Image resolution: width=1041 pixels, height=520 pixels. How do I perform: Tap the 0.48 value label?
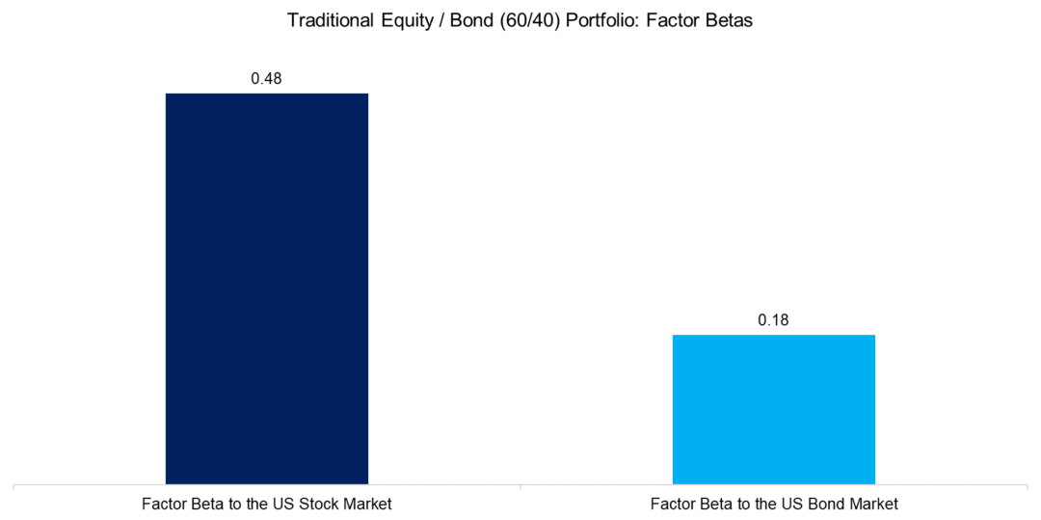point(266,78)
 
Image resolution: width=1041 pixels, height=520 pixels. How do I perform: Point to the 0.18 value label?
point(773,320)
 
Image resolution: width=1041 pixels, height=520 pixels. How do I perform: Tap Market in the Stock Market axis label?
point(367,504)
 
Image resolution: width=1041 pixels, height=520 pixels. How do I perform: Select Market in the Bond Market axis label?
point(874,504)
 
